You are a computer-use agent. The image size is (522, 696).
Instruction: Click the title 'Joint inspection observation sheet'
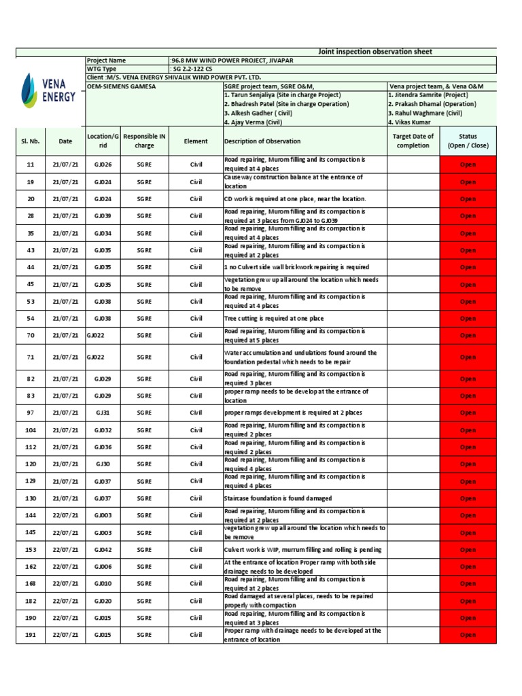[375, 52]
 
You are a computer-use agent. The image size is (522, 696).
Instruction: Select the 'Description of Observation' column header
[262, 141]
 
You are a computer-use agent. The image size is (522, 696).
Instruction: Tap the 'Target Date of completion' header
[413, 141]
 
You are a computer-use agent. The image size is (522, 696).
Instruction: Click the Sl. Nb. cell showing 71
[31, 357]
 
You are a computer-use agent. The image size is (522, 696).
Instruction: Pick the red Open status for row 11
[468, 164]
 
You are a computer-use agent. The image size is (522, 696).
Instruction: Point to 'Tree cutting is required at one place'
[274, 318]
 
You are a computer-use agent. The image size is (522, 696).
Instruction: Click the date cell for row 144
[65, 515]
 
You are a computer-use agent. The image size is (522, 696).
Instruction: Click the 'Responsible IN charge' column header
[144, 141]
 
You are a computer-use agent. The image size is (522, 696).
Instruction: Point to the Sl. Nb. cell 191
[31, 635]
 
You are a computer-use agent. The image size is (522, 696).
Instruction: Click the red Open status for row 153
[468, 550]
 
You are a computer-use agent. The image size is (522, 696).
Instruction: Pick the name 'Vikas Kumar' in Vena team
[411, 122]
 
